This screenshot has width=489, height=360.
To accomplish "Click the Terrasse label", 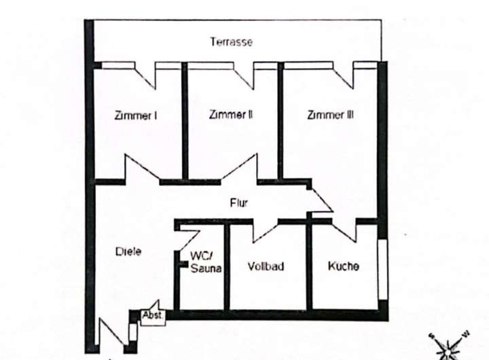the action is pos(231,42).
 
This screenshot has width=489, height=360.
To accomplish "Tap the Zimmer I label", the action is pos(137,115).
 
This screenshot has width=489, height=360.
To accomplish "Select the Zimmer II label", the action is pos(232,115).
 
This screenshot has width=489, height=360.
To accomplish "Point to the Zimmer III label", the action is pos(330,115).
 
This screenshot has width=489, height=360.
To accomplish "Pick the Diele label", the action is pos(128,252).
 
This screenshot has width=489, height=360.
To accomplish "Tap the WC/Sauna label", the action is pos(201,262).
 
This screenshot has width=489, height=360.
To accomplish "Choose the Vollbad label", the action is pos(266,266).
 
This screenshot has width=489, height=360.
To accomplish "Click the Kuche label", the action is pos(344,266).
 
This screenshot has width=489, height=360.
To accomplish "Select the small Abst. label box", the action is pos(152,315).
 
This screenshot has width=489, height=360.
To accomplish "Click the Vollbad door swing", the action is pos(261,230).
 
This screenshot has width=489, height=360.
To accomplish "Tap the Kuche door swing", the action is pos(345,230).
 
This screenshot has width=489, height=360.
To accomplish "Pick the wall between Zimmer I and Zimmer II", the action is pos(185,122).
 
